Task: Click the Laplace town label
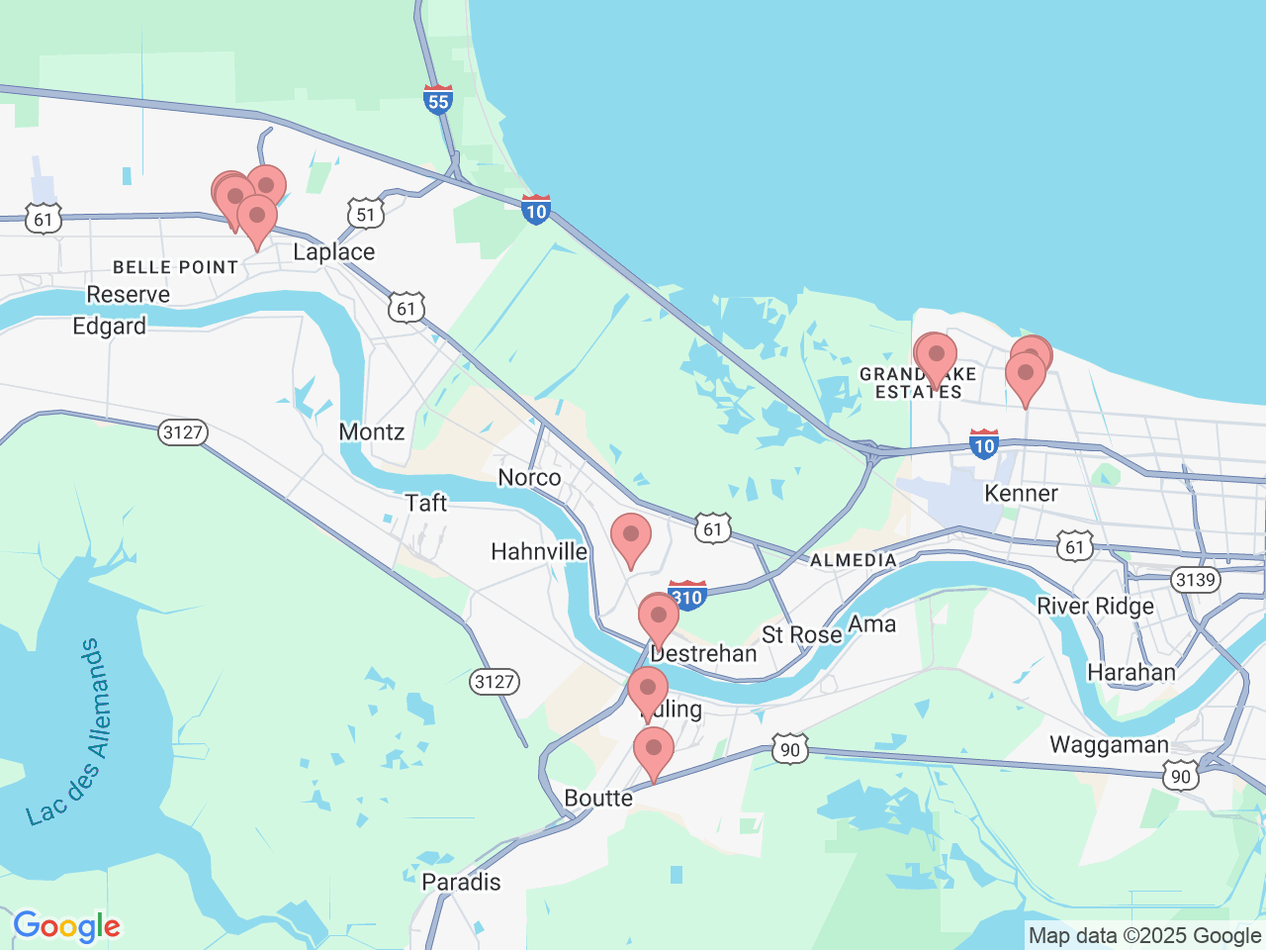pos(333,252)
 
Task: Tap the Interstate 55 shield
pos(438,100)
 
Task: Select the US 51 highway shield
pos(365,214)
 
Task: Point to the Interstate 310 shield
pos(686,596)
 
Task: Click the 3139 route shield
pos(1195,579)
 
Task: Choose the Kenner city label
pos(1021,493)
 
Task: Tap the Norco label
pos(529,478)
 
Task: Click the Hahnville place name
pos(539,551)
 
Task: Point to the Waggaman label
pos(1109,744)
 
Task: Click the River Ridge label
pos(1095,606)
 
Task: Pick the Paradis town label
pos(461,882)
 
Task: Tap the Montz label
pos(372,431)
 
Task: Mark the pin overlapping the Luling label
pos(648,690)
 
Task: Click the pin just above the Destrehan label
pos(659,617)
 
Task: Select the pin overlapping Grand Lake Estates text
pos(936,356)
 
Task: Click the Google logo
pos(66,927)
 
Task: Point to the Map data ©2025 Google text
pos(1144,935)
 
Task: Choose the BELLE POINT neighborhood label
pos(175,267)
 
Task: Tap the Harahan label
pos(1130,673)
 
